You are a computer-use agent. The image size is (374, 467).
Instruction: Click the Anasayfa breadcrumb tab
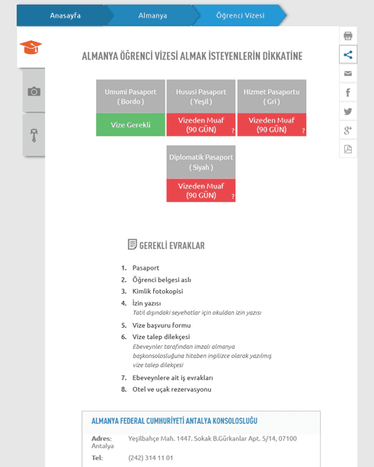point(65,15)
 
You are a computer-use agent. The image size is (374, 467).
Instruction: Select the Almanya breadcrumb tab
point(152,15)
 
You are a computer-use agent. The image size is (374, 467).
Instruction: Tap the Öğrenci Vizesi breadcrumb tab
point(240,15)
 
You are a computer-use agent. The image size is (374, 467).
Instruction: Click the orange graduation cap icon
point(31,47)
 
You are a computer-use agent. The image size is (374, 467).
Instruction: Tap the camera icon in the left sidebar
point(34,91)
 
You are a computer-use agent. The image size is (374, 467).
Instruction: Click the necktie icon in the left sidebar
point(34,135)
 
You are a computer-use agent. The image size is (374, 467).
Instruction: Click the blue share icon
point(348,54)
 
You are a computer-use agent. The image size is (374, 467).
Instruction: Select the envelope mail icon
point(348,73)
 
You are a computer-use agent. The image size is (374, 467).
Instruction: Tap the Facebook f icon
point(348,92)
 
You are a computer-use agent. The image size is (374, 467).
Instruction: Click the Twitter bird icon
point(348,111)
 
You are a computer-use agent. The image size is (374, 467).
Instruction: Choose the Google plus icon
point(348,130)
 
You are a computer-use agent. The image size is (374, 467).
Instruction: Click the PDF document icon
point(348,149)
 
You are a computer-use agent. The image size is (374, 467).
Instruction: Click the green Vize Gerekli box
point(130,125)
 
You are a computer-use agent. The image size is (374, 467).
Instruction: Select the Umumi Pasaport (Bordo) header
point(130,97)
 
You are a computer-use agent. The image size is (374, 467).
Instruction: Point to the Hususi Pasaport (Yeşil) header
point(201,97)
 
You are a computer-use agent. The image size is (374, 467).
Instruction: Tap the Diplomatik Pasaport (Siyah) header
point(201,162)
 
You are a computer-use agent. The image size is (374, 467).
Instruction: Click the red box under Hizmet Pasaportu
point(272,125)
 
